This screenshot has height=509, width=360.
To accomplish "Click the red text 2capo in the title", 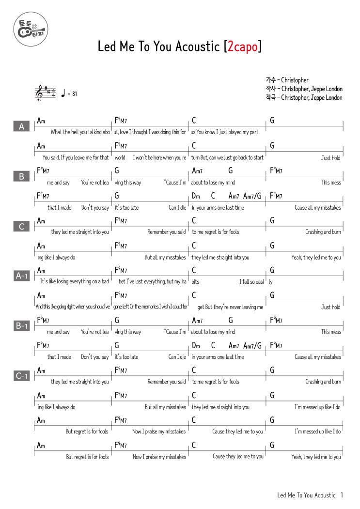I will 242,46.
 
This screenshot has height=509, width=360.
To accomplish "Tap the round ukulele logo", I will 31,29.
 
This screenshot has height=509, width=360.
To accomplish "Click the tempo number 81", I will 74,94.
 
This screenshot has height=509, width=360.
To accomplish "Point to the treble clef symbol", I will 39,93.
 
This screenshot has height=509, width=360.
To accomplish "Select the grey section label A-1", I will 21,276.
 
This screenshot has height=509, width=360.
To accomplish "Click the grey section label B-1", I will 21,326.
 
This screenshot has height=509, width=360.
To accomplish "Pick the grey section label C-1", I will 21,375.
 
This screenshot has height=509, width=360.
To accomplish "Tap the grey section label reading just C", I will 21,226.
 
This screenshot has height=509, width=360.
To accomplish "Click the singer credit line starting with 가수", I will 287,80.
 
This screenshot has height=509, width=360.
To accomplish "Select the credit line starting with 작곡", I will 304,98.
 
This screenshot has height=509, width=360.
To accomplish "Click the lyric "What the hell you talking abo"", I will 80,132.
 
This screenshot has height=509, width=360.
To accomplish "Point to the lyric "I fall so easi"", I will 251,282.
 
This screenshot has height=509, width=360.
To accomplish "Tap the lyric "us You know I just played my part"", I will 224,132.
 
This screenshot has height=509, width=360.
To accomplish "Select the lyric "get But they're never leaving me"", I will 230,307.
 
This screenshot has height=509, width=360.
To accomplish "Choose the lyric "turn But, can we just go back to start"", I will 227,158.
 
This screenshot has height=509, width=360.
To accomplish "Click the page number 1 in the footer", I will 342,495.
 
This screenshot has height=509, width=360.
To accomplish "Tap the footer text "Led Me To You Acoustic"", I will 306,495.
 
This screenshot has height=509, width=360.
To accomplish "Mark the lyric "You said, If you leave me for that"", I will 76,158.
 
